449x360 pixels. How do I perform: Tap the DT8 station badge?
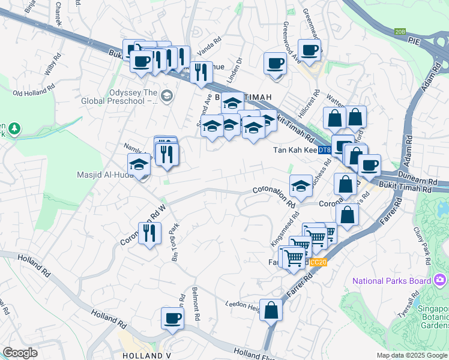324,149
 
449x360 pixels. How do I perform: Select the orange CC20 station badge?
319,262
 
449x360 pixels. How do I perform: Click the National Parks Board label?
392,281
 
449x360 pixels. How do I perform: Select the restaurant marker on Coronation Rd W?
150,232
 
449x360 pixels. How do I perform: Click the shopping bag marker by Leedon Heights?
271,310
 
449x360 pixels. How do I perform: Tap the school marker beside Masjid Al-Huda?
139,164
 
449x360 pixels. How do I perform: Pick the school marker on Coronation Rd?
301,186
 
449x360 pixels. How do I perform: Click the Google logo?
20,353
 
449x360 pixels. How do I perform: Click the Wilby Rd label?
53,65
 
